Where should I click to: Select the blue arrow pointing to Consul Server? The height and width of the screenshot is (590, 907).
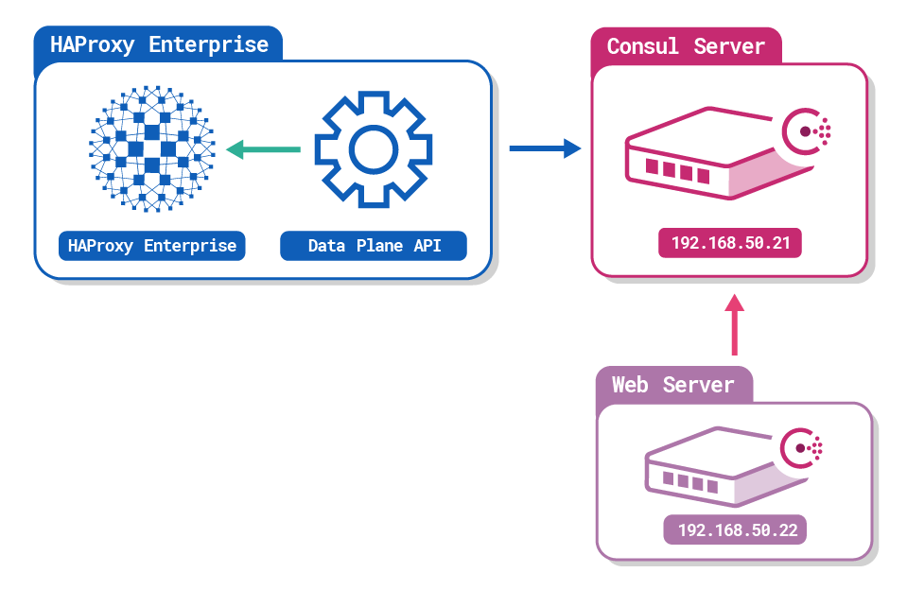(545, 148)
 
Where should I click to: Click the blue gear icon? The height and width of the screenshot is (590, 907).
(373, 148)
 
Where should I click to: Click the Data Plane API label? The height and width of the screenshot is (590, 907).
(374, 246)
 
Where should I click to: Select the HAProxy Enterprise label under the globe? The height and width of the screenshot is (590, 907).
(152, 246)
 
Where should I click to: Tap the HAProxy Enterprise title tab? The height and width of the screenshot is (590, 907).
(158, 44)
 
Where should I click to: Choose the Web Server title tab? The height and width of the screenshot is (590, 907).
(673, 385)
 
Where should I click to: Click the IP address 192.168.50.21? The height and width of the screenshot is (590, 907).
(730, 243)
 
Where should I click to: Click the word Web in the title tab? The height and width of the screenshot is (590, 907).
(631, 385)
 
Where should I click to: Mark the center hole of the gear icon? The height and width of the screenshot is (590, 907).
(373, 148)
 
